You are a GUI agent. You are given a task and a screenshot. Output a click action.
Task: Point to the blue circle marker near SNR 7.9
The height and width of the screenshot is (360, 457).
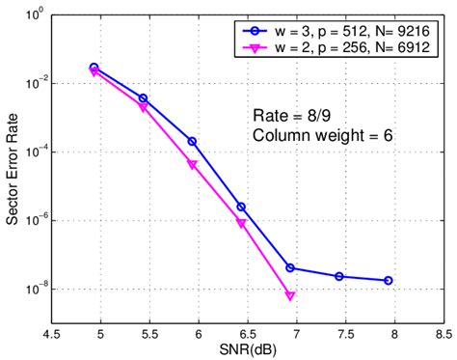[388, 280]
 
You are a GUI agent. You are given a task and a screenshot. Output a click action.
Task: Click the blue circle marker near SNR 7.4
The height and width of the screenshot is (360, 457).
[339, 276]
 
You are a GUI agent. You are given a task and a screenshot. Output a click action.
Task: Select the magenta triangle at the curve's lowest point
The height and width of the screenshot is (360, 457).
[289, 296]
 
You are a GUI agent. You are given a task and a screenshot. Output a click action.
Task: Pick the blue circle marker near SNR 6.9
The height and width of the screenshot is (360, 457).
[289, 267]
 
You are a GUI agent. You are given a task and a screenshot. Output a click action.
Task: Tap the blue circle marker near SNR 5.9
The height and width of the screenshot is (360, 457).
[192, 141]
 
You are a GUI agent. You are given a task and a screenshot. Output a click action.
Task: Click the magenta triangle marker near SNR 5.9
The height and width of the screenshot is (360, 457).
[192, 165]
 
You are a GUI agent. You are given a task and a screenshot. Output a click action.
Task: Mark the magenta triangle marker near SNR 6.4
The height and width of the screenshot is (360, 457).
[241, 223]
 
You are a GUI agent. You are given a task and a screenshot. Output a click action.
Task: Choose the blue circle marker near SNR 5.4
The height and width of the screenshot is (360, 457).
[143, 98]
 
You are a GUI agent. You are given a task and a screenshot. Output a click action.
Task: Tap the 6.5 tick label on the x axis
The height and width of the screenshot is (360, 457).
[246, 332]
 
